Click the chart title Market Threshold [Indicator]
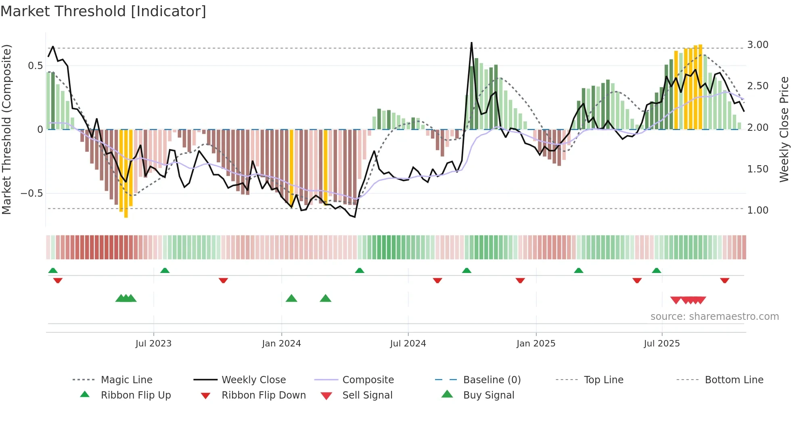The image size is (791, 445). (103, 11)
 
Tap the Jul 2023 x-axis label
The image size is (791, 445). (153, 344)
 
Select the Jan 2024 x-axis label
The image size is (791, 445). (281, 344)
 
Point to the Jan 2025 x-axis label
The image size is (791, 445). (536, 344)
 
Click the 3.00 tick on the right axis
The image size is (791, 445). (758, 45)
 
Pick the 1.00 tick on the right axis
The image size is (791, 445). (758, 210)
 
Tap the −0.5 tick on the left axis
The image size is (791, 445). (32, 193)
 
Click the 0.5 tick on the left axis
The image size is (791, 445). (35, 66)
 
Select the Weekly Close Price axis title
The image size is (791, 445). (784, 129)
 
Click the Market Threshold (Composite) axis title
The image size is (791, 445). (6, 129)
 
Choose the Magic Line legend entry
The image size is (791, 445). (126, 380)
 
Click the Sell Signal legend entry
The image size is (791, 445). (367, 395)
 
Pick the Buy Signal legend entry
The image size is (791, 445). (488, 395)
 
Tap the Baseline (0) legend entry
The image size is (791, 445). (492, 380)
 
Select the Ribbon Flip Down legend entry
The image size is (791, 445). (264, 395)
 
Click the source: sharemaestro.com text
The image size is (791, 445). (714, 317)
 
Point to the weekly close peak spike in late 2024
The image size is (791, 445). (471, 43)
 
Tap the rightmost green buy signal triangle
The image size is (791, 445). (325, 298)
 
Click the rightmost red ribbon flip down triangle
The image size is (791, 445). (724, 280)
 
